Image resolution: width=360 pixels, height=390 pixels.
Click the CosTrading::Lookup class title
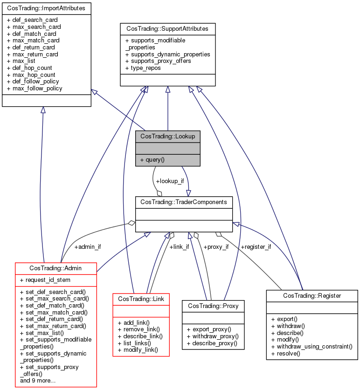coord(168,136)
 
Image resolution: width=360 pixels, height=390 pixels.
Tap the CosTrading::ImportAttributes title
coord(46,8)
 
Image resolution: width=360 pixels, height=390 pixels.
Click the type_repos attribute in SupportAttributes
coord(143,68)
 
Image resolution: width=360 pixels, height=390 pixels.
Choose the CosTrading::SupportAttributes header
coord(167,29)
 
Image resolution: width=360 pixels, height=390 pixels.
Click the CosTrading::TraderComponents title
coord(184,202)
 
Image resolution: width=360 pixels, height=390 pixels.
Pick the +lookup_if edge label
coord(170,181)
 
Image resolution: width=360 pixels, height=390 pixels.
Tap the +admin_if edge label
coord(88,246)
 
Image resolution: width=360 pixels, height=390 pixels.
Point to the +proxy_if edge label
coord(215,246)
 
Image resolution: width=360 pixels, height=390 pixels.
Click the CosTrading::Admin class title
coord(56,268)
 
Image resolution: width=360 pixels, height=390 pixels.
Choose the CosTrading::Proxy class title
coord(213,306)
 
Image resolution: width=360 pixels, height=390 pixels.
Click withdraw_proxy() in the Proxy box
coord(213,336)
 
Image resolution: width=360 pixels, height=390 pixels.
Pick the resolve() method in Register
coord(285,354)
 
